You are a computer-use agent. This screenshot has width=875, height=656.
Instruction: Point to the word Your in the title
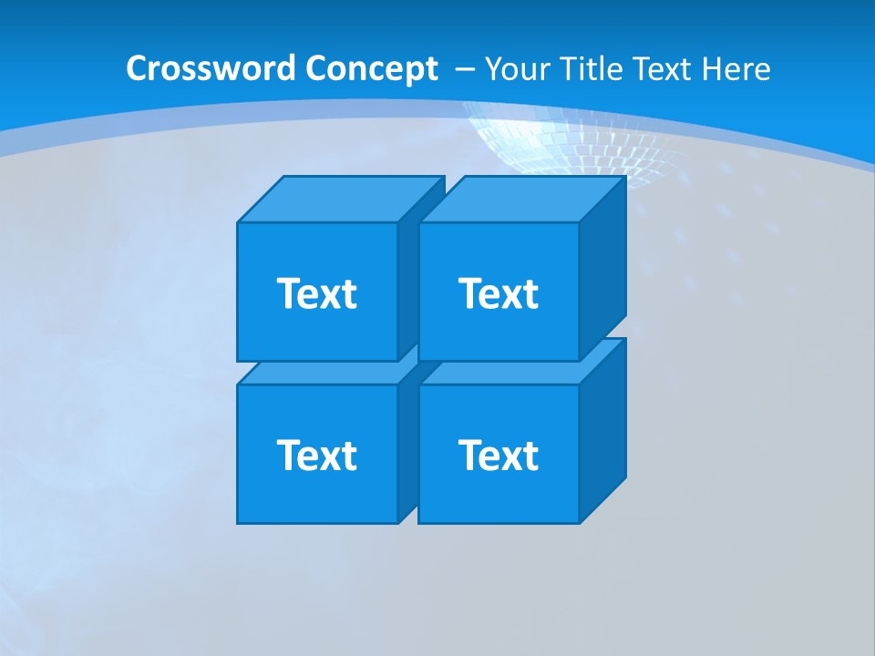(514, 69)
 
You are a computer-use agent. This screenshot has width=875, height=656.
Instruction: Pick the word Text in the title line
(664, 69)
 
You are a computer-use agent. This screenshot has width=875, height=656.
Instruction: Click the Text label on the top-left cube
(317, 293)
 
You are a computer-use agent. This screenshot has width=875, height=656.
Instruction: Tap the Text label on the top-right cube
(499, 293)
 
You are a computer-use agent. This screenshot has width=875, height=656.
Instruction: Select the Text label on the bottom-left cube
(317, 455)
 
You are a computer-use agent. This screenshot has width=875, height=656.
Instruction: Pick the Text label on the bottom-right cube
(499, 455)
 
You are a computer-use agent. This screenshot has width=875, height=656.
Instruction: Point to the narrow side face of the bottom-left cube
(407, 446)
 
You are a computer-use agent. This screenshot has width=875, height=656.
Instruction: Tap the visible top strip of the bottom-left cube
(319, 373)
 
